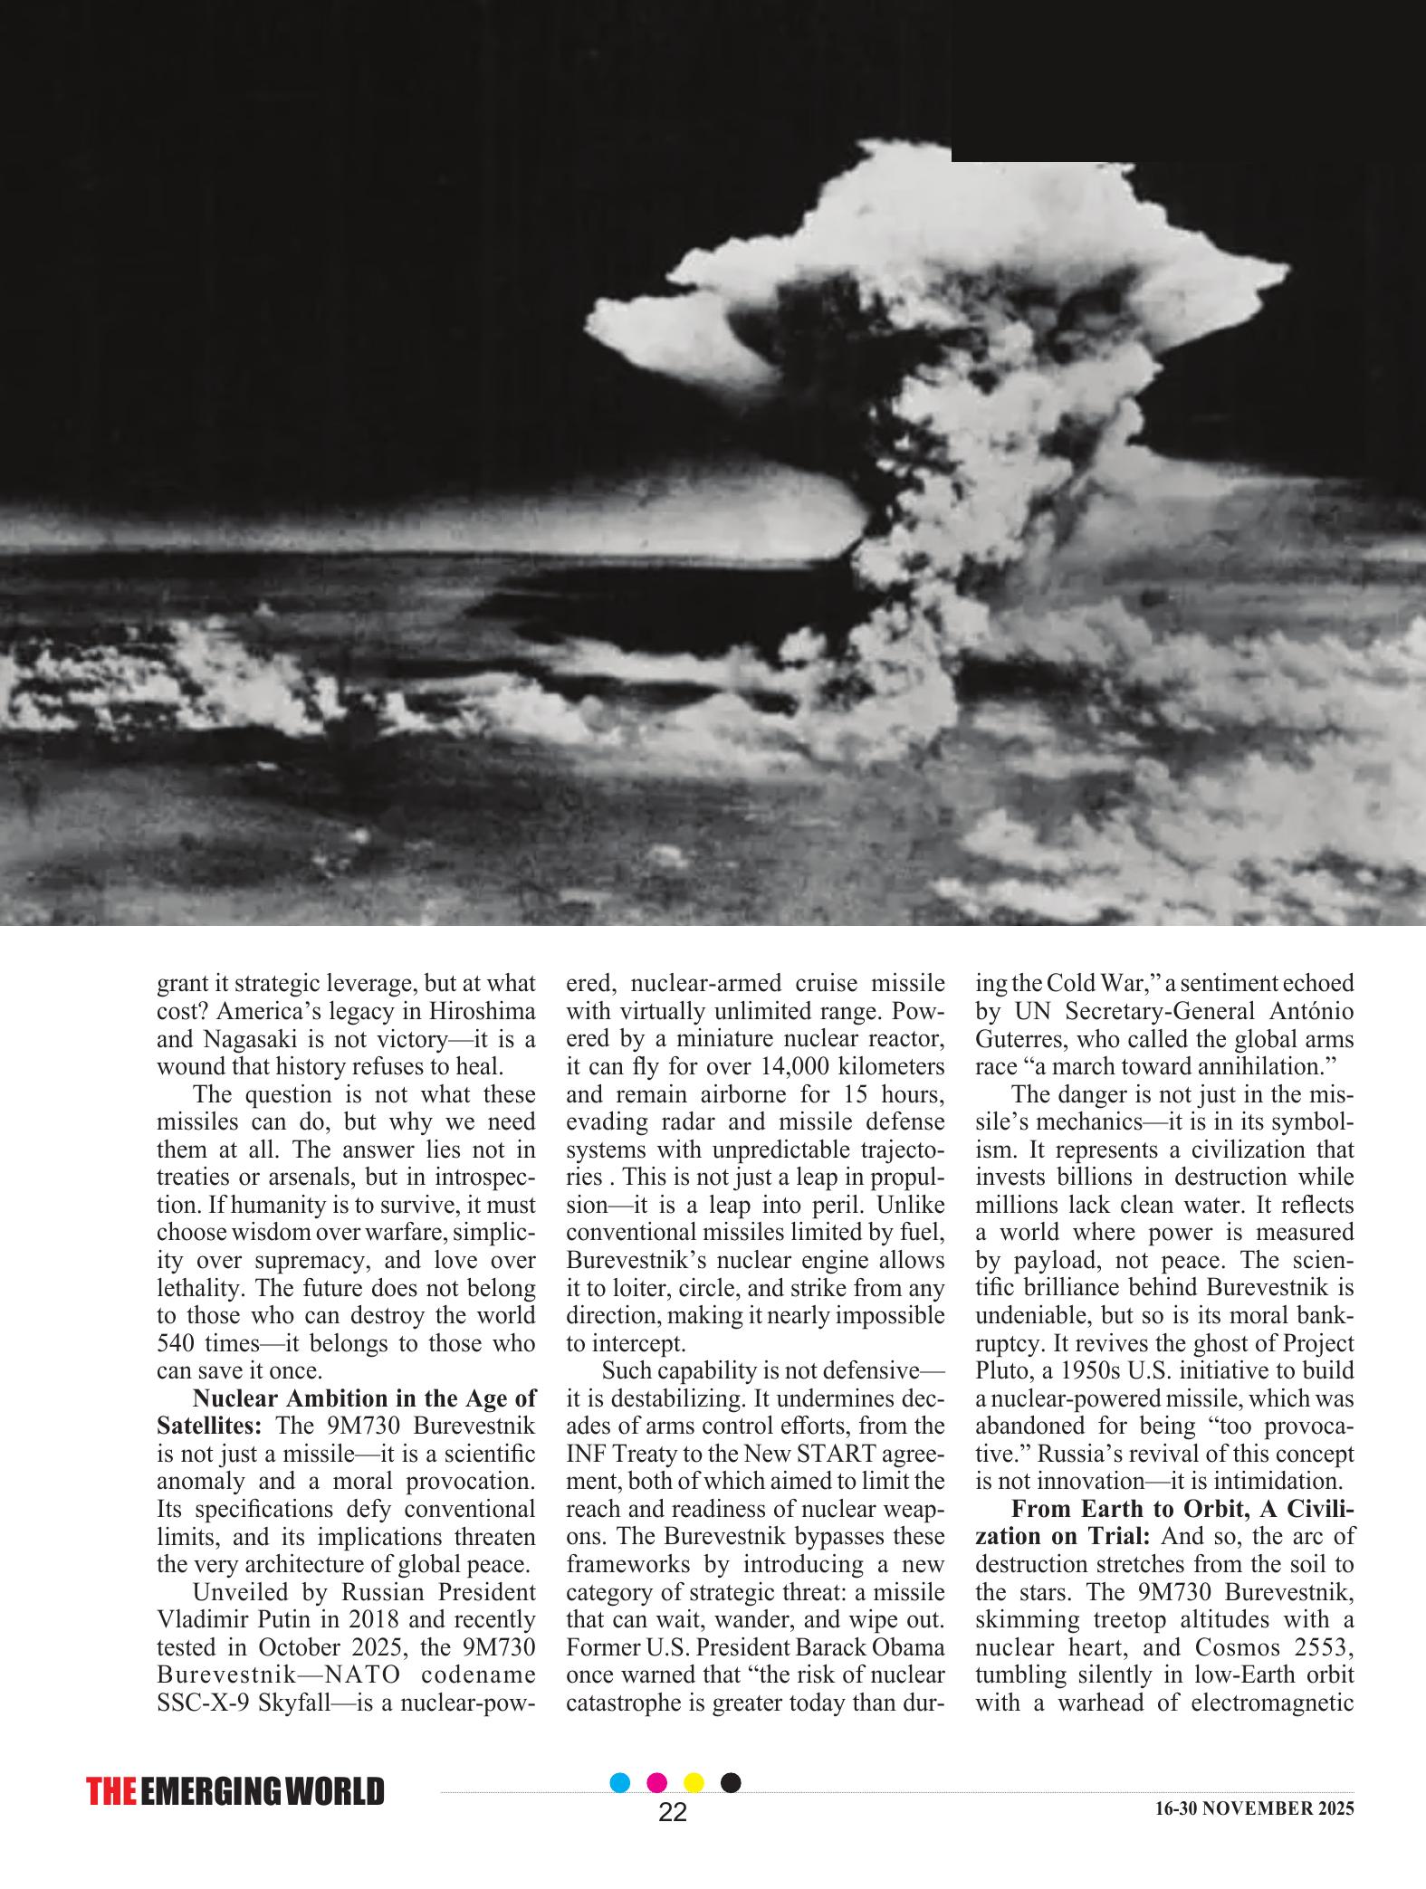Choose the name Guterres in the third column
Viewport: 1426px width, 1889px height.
coord(1019,1038)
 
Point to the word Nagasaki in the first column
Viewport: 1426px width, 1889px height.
coord(244,1038)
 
